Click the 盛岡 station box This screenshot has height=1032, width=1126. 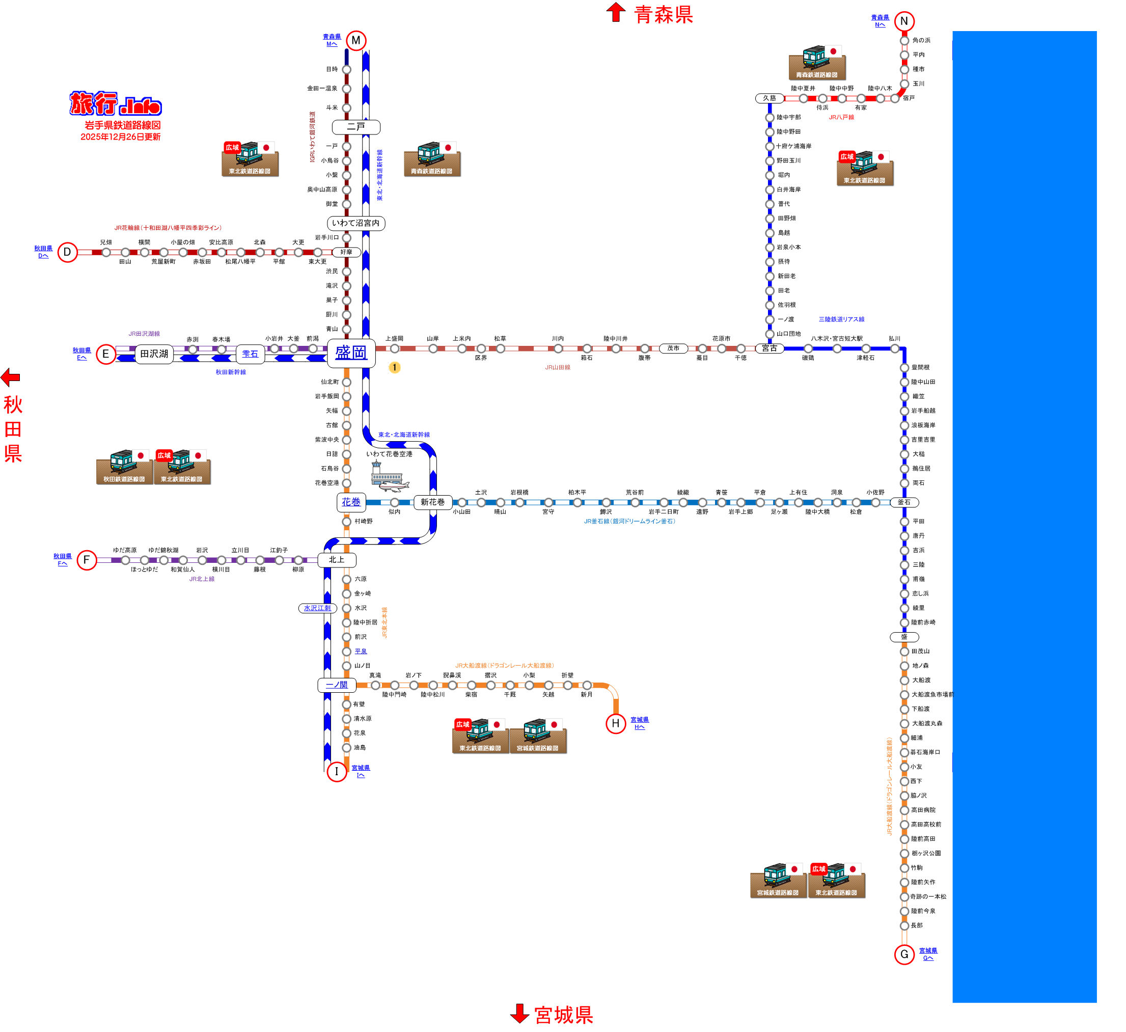coord(351,353)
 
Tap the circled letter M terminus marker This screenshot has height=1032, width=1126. coord(356,40)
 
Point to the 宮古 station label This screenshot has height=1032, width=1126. coord(769,348)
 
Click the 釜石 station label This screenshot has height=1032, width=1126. coord(904,502)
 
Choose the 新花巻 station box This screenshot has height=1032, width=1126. coord(433,502)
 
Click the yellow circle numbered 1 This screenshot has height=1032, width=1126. coord(394,367)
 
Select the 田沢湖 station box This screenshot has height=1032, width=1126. coord(154,354)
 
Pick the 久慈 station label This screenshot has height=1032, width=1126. coord(769,98)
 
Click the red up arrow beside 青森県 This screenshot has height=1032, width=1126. coord(616,12)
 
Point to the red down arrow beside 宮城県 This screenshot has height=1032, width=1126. coord(519,1014)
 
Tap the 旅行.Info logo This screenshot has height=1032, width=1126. coord(116,103)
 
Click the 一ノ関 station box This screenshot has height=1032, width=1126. coord(336,685)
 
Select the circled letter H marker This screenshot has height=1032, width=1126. coord(616,724)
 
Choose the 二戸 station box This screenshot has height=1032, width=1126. coord(356,127)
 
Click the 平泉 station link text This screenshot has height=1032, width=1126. coord(361,651)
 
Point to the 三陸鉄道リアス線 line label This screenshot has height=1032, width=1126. coord(841,319)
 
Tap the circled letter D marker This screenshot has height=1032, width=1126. coord(68,252)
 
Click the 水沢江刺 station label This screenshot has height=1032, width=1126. coord(317,608)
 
